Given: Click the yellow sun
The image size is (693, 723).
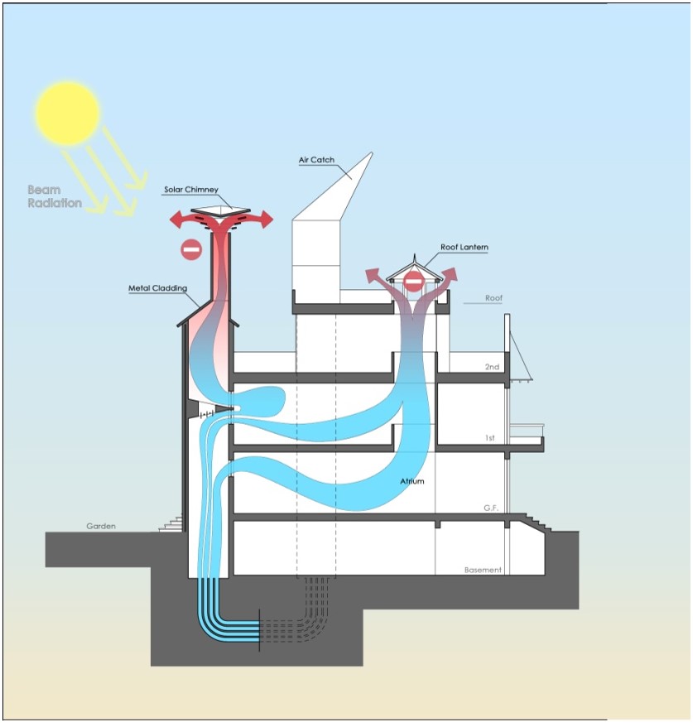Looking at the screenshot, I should [67, 111].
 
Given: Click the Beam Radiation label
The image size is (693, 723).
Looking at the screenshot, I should [55, 196].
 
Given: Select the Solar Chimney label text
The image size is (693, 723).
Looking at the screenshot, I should [190, 190].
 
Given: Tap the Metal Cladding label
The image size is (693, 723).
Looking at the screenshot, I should [157, 288].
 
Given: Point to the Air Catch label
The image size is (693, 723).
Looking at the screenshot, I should [316, 160].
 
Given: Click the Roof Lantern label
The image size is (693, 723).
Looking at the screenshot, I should [464, 247].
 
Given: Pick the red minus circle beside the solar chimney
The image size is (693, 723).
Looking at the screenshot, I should [191, 248].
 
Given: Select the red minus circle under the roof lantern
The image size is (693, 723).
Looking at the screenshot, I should [413, 282].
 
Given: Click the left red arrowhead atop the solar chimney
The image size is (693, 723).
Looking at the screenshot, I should [176, 219].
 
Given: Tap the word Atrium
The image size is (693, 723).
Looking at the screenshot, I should [411, 480].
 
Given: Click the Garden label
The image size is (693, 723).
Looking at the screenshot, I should [101, 526].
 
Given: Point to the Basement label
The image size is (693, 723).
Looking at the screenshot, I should [483, 570].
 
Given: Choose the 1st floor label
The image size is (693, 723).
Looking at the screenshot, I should [490, 437].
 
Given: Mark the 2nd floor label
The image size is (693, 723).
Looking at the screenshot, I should [492, 366].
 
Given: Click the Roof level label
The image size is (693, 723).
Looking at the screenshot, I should [494, 298].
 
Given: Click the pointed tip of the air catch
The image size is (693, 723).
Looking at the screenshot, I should [370, 154].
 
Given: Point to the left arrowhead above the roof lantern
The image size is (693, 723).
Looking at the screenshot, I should [371, 274].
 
